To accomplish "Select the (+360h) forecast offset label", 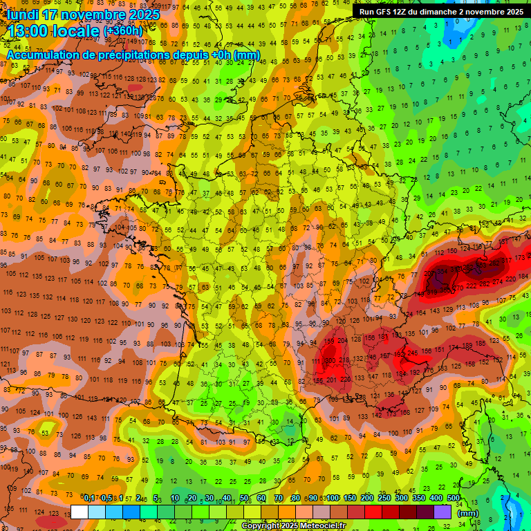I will pos(123,31).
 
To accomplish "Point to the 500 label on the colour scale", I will pos(453,499).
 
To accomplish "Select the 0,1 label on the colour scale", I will pos(88,499).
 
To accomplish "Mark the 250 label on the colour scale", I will pos(384,499).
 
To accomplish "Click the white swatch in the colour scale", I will pos(80,512).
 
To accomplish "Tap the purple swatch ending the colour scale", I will pos(442,512).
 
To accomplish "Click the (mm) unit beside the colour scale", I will pos(468,513).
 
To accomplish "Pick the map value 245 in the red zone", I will pos(413,353).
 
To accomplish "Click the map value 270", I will pos(458,288).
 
